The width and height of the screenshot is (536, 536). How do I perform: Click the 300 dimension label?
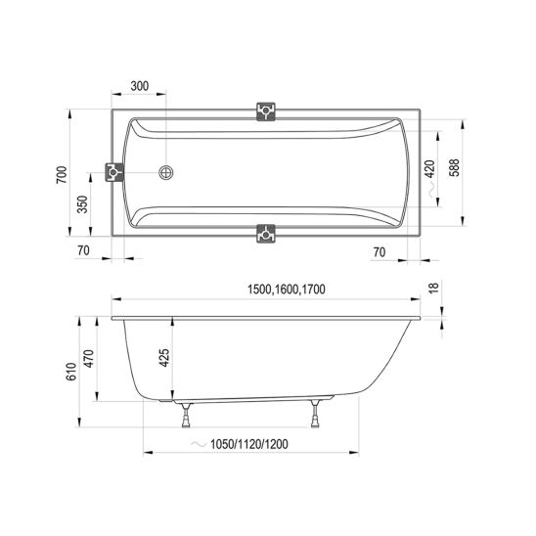coord(140,86)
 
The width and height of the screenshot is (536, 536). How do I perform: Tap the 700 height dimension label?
coord(62,175)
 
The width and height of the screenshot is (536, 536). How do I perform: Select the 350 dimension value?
coord(82,204)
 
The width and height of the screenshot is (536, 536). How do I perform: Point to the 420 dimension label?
coord(430,169)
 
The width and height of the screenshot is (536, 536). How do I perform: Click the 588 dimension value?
coord(454,167)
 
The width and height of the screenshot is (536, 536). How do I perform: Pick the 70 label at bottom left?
coord(83,250)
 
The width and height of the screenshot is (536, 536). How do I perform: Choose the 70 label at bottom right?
coord(380,252)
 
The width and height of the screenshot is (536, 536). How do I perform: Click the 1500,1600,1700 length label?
coord(287,290)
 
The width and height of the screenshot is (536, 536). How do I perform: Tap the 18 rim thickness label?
coord(433,288)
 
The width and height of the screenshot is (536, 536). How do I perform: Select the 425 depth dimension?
coord(164,358)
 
